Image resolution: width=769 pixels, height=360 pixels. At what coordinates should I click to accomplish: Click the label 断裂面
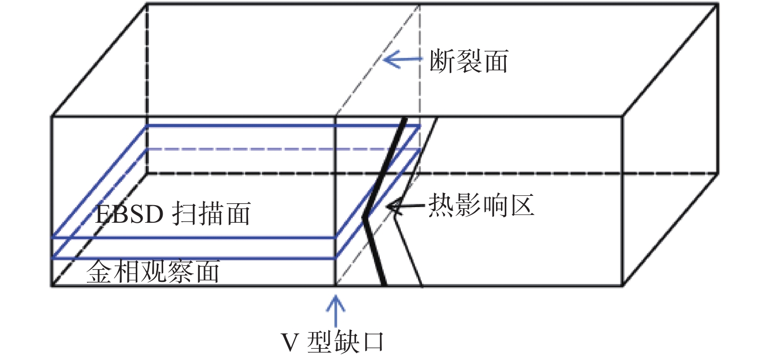click(469, 62)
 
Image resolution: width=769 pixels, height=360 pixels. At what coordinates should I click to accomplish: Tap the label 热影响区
click(481, 206)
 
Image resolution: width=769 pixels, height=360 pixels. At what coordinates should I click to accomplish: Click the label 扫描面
click(211, 214)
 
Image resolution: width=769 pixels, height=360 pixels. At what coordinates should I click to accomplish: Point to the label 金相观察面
click(153, 272)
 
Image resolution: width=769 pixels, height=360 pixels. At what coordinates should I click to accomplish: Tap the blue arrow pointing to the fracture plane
click(402, 60)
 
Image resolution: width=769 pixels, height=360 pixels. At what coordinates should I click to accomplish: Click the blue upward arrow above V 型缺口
click(335, 310)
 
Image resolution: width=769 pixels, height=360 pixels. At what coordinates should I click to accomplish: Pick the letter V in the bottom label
click(290, 342)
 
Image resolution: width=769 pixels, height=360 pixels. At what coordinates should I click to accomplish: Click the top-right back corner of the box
click(718, 4)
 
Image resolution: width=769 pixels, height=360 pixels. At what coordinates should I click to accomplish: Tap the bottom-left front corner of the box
click(52, 285)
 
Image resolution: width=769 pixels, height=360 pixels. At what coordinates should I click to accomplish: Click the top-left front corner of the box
click(52, 116)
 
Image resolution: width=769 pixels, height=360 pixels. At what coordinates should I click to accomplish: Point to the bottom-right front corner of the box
click(622, 285)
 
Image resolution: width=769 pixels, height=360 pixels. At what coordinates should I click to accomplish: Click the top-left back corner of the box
click(147, 4)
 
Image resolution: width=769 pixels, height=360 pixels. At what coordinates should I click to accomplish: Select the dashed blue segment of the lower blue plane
click(283, 149)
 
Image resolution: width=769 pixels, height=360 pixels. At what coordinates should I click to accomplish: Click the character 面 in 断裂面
click(495, 62)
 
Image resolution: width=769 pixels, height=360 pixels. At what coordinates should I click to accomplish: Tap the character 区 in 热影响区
click(521, 206)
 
